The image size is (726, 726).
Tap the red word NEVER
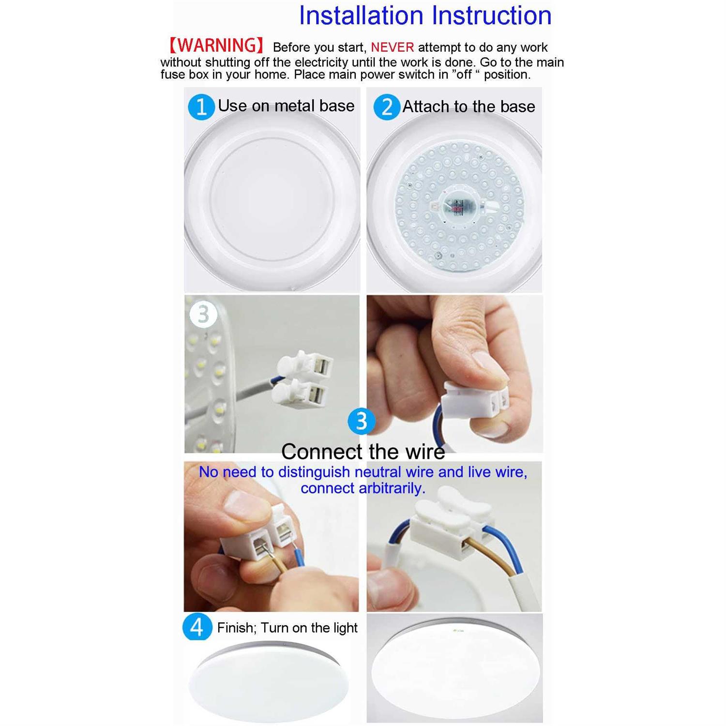(392, 47)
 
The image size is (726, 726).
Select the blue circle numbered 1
(201, 106)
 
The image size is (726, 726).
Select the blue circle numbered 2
(386, 107)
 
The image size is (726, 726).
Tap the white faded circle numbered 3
(203, 314)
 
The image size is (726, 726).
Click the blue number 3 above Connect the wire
(361, 421)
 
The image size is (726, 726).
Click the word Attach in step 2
(426, 107)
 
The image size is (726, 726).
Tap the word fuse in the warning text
(172, 75)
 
